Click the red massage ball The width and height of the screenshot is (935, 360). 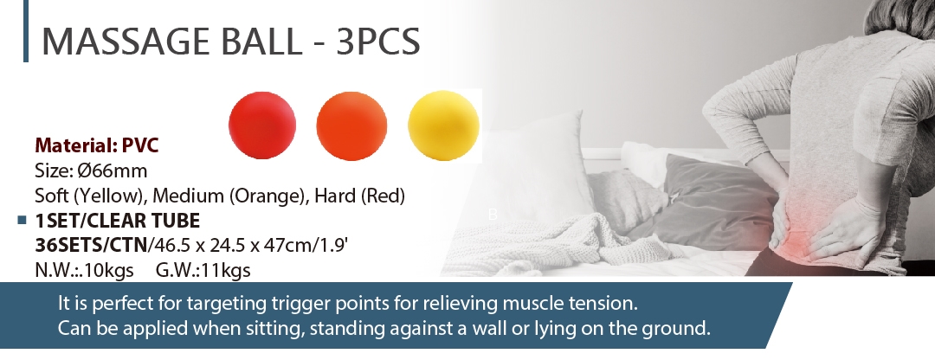(261, 125)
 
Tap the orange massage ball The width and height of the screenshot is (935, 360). (351, 125)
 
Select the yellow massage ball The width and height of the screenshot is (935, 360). (443, 125)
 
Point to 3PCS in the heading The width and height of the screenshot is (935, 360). (378, 42)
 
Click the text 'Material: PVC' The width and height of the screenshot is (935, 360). (97, 145)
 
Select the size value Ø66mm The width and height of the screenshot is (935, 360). (112, 170)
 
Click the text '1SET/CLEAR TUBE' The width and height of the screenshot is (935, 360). (118, 221)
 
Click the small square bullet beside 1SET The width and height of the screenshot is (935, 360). (23, 221)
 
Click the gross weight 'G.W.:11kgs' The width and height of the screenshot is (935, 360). (203, 270)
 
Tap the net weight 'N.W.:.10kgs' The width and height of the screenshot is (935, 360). (84, 270)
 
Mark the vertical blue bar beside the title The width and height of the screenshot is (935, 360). (26, 31)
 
